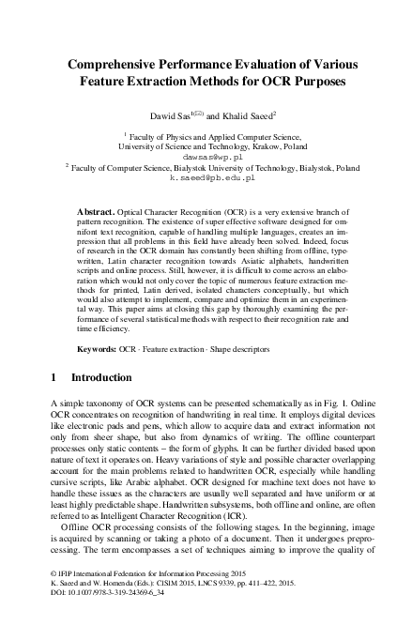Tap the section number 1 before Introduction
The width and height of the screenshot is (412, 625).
click(x=52, y=378)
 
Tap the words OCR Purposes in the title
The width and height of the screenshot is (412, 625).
click(x=296, y=82)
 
